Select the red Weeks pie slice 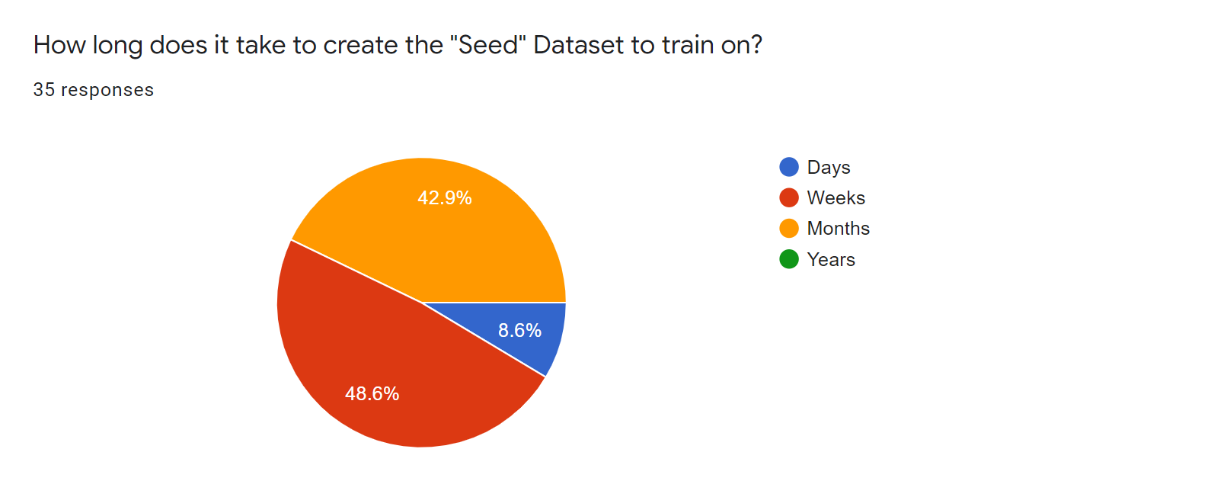383,361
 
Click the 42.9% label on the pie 444,198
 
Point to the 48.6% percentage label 372,393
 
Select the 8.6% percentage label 519,330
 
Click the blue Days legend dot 789,167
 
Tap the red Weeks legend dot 789,198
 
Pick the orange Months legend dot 789,229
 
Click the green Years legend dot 789,259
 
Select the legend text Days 828,168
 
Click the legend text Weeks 836,198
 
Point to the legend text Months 838,229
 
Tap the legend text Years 831,259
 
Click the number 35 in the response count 44,90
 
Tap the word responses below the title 107,91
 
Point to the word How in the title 59,44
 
